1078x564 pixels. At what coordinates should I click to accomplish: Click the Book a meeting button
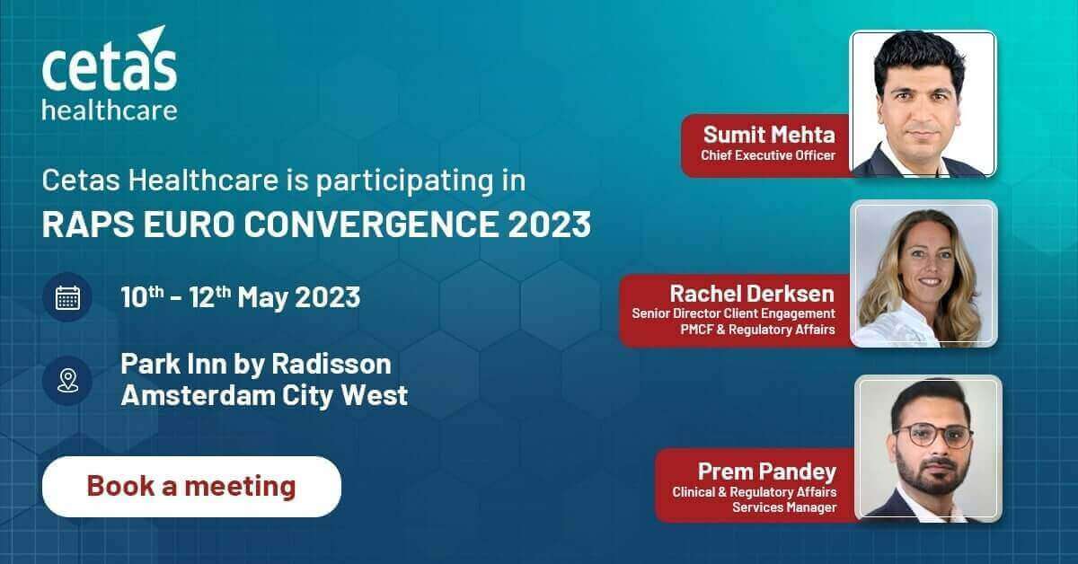(191, 487)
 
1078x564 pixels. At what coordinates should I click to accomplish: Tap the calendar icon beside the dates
(68, 297)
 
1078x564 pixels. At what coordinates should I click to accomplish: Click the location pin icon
(68, 381)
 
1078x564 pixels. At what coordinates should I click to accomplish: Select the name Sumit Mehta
(769, 134)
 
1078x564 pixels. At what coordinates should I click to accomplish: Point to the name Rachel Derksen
(752, 294)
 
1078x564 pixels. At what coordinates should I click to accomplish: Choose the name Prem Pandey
(766, 471)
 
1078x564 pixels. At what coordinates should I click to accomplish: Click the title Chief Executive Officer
(767, 155)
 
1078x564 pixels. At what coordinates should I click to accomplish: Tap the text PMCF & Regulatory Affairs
(757, 330)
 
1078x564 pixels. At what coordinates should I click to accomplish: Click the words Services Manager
(784, 507)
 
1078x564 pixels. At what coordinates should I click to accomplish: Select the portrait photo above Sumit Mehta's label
(923, 103)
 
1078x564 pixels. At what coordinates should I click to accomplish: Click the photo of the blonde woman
(923, 273)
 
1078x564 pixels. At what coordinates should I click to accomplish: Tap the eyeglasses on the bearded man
(933, 436)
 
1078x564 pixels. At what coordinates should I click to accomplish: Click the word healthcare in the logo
(110, 110)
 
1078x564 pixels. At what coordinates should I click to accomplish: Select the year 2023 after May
(327, 297)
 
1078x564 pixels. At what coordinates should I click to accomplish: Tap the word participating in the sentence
(404, 181)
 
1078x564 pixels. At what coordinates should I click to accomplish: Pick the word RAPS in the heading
(88, 225)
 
